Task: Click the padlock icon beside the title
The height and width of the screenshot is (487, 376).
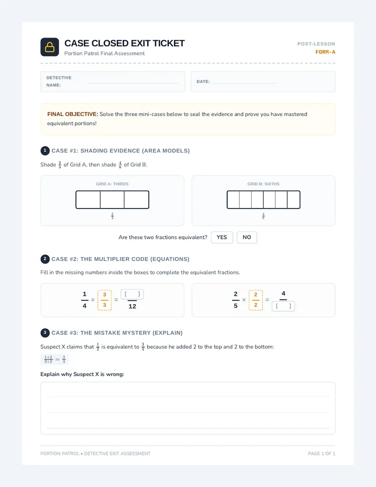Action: pyautogui.click(x=50, y=47)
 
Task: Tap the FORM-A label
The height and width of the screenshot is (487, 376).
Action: pyautogui.click(x=325, y=52)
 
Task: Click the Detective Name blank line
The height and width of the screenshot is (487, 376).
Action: pyautogui.click(x=133, y=83)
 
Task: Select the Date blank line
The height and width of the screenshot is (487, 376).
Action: pyautogui.click(x=244, y=83)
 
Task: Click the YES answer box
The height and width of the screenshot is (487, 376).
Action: pyautogui.click(x=222, y=237)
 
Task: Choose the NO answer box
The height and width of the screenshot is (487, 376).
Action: pyautogui.click(x=247, y=237)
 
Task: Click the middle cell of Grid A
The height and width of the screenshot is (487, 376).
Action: pyautogui.click(x=112, y=200)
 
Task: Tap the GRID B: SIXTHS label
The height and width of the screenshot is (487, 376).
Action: pyautogui.click(x=263, y=184)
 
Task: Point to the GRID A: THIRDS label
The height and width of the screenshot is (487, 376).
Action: pyautogui.click(x=112, y=184)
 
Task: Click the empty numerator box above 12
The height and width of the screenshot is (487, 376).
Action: pyautogui.click(x=132, y=294)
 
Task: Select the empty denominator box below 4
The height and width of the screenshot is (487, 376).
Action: pyautogui.click(x=284, y=306)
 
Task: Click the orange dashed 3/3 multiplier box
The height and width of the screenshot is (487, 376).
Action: pyautogui.click(x=104, y=300)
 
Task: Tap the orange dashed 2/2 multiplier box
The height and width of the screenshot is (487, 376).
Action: pyautogui.click(x=256, y=300)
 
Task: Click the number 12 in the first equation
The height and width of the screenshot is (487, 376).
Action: pyautogui.click(x=132, y=306)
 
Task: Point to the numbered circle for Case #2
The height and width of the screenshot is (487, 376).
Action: pyautogui.click(x=45, y=259)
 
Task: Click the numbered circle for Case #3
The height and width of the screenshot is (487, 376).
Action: pyautogui.click(x=45, y=333)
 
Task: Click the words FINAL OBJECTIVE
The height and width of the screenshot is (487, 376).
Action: pyautogui.click(x=73, y=114)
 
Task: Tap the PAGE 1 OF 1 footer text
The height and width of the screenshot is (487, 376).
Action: pyautogui.click(x=322, y=454)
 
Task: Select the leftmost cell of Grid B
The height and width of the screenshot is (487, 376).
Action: pyautogui.click(x=233, y=200)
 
